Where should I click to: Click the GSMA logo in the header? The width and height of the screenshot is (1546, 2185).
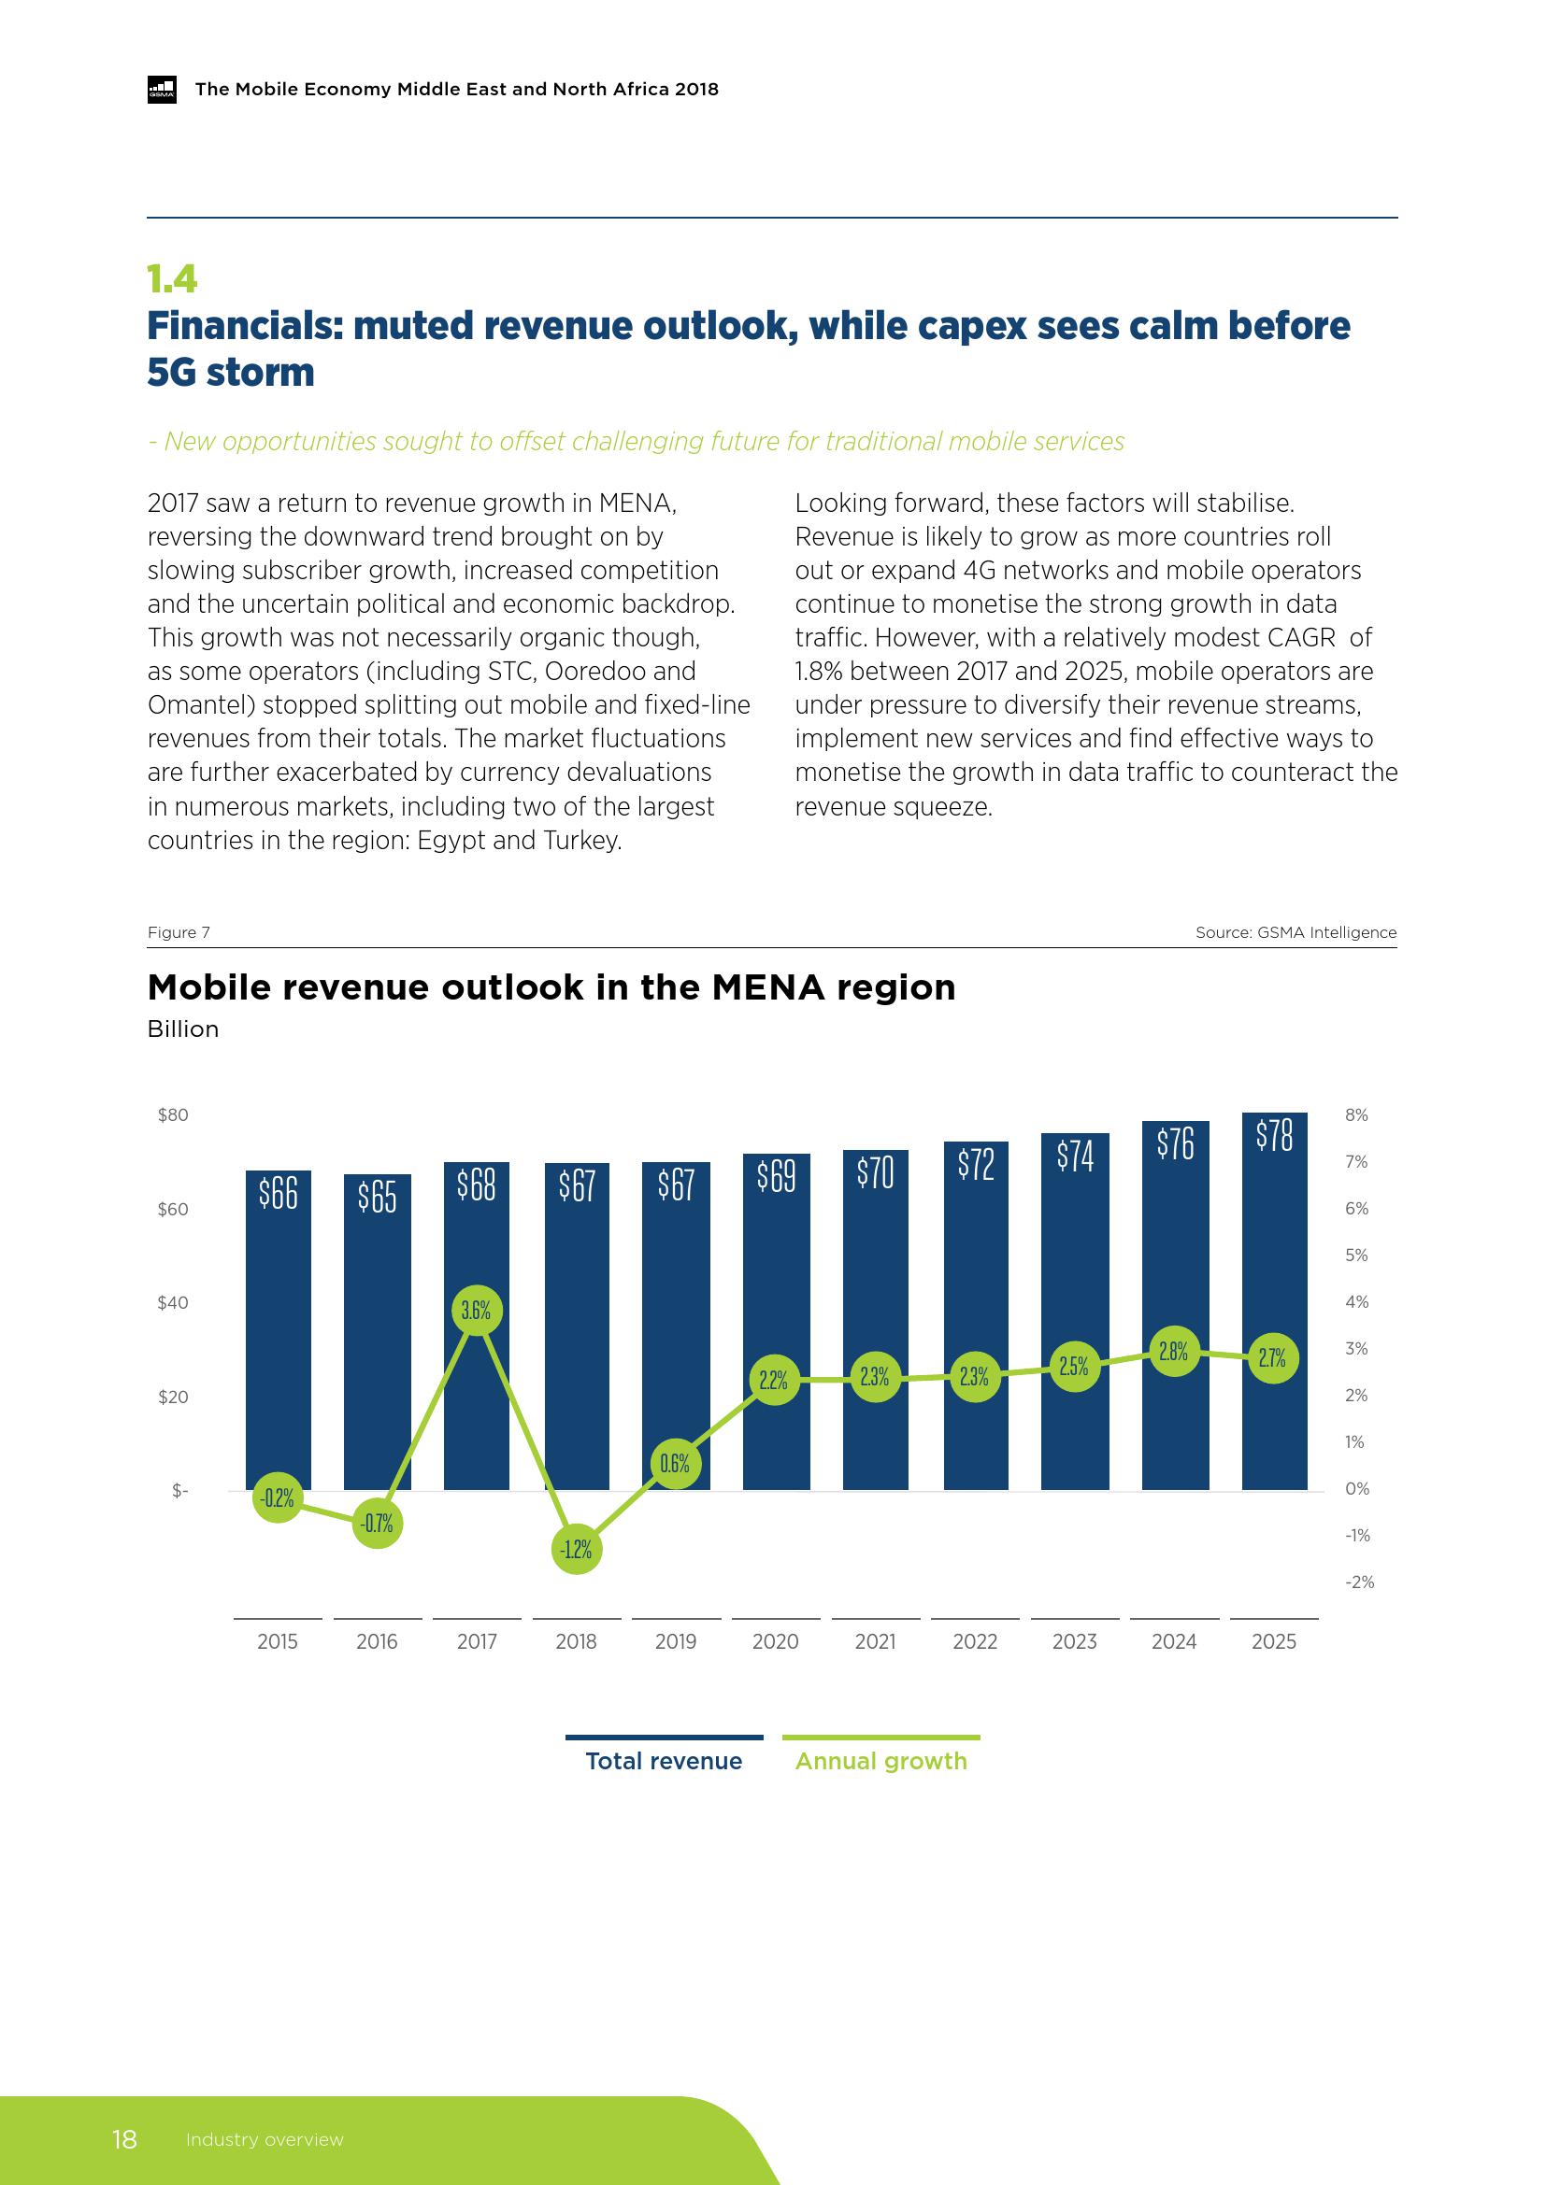point(162,90)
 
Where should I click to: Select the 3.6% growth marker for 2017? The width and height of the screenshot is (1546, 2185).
point(476,1311)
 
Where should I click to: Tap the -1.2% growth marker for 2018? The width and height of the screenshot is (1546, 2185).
point(576,1549)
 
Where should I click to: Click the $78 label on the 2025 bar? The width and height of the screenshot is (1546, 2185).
point(1274,1135)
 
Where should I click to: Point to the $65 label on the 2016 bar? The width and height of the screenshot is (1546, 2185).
point(377,1198)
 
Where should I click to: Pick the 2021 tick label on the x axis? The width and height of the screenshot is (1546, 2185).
point(875,1641)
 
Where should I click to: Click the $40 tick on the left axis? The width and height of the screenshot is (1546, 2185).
point(173,1303)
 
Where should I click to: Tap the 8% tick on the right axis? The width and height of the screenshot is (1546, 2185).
point(1356,1115)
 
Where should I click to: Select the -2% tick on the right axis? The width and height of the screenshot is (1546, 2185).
point(1358,1582)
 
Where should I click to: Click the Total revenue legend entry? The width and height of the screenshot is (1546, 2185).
point(664,1762)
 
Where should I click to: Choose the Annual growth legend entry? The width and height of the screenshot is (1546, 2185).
point(880,1762)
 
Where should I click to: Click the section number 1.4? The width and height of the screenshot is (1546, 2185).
point(172,278)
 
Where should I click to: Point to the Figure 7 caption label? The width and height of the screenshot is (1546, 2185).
point(178,932)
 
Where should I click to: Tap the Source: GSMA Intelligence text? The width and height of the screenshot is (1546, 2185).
point(1295,932)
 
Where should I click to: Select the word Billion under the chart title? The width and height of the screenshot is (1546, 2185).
point(183,1029)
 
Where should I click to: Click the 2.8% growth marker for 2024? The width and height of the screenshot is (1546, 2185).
point(1174,1352)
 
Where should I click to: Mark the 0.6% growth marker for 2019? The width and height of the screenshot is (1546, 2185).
point(675,1464)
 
